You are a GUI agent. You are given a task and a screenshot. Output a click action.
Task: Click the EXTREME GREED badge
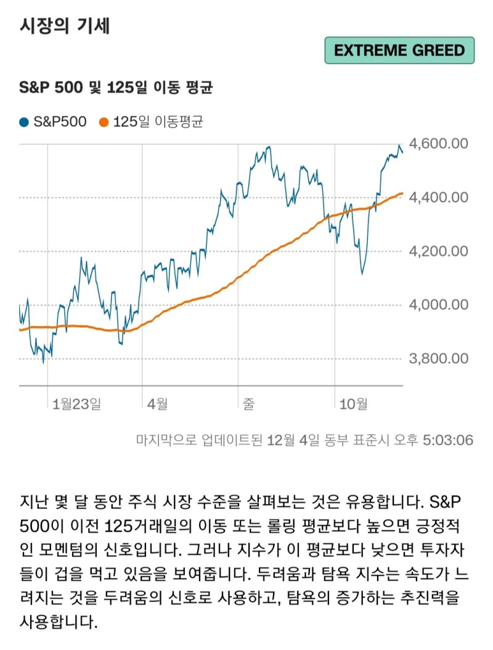pyautogui.click(x=399, y=50)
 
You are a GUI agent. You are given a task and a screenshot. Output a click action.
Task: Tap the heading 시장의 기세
pyautogui.click(x=65, y=26)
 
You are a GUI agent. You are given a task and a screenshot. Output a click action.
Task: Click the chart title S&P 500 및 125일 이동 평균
pyautogui.click(x=116, y=87)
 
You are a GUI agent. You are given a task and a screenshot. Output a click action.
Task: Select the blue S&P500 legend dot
pyautogui.click(x=24, y=122)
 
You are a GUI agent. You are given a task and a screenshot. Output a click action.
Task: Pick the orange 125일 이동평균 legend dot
pyautogui.click(x=104, y=122)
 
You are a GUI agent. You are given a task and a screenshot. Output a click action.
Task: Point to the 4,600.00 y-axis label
pyautogui.click(x=439, y=144)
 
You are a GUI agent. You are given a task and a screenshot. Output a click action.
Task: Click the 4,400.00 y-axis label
pyautogui.click(x=439, y=197)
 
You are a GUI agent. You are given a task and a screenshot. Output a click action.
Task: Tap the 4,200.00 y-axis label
pyautogui.click(x=439, y=251)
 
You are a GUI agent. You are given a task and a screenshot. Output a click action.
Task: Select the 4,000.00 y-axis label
pyautogui.click(x=439, y=304)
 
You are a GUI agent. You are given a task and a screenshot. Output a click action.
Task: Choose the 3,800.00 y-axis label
pyautogui.click(x=439, y=358)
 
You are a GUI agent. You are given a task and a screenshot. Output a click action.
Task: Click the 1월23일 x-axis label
pyautogui.click(x=76, y=404)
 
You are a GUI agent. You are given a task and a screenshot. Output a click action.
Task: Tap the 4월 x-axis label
pyautogui.click(x=158, y=404)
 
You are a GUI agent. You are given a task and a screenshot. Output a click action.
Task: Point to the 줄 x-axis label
pyautogui.click(x=249, y=404)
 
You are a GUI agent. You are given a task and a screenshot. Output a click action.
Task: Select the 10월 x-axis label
pyautogui.click(x=354, y=404)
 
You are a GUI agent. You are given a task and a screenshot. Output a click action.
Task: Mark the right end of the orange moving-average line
pyautogui.click(x=402, y=193)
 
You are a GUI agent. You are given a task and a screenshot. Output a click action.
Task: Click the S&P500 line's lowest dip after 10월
pyautogui.click(x=362, y=274)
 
